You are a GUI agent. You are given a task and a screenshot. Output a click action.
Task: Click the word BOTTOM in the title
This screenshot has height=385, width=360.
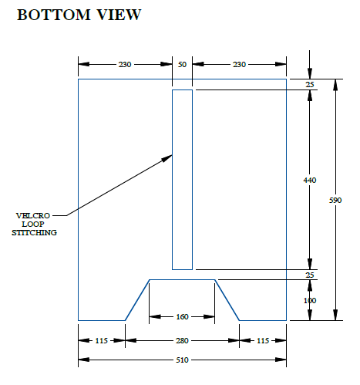[54, 15]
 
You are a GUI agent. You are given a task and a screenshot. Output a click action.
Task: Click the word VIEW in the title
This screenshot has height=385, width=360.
[119, 15]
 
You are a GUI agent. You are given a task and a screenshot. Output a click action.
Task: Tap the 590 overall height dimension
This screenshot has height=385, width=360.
[335, 200]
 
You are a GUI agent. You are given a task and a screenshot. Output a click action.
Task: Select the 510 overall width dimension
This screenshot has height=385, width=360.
[182, 360]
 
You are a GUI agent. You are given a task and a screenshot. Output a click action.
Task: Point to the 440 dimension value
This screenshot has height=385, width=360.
[310, 180]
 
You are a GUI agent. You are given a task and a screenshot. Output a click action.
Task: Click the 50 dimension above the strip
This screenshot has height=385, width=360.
[182, 64]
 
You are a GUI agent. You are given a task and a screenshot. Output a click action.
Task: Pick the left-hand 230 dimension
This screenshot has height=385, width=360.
[125, 64]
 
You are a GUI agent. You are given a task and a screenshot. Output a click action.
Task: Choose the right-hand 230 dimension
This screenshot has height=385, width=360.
[240, 64]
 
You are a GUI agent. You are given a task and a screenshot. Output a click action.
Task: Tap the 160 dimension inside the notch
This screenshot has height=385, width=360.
[182, 316]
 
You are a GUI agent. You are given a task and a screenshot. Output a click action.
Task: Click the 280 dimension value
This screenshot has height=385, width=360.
[182, 340]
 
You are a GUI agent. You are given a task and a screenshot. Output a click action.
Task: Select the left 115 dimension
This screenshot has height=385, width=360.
[102, 340]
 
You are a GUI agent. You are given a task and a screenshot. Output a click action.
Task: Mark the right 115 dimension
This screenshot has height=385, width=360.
[263, 340]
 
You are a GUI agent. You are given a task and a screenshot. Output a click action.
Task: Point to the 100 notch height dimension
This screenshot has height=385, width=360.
[310, 300]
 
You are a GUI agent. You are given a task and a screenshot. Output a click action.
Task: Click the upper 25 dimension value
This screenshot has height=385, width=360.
[310, 84]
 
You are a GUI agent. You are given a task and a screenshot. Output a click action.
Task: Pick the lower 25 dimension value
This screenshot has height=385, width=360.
[310, 275]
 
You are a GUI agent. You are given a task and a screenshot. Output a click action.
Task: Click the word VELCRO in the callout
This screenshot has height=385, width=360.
[33, 215]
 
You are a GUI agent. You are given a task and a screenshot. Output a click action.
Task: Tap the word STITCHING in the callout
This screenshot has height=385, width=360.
[34, 232]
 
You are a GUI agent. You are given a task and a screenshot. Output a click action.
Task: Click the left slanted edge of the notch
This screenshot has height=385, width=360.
[137, 300]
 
